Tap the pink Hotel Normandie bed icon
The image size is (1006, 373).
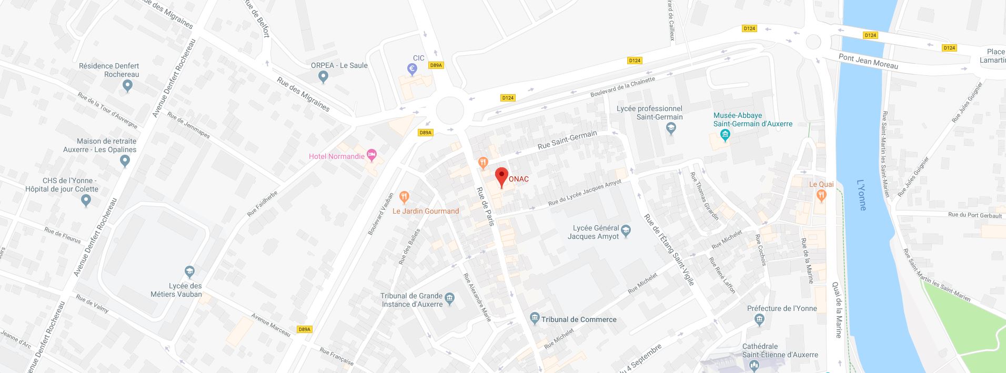click(x=372, y=155)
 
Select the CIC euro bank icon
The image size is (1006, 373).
click(x=413, y=68)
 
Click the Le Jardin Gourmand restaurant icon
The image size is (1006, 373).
click(x=404, y=197)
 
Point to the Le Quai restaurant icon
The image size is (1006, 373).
click(x=821, y=195)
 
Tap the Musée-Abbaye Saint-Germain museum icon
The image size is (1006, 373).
click(x=726, y=136)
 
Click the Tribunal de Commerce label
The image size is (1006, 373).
click(x=579, y=319)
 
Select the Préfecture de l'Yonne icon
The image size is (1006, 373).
click(x=759, y=319)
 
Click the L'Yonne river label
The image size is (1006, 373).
click(x=861, y=195)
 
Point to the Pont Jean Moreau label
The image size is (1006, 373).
click(x=868, y=62)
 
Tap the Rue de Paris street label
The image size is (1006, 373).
click(x=485, y=206)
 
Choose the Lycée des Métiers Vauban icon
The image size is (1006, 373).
click(x=189, y=271)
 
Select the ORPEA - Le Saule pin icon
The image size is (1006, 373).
click(x=324, y=77)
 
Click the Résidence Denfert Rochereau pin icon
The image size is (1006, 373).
click(x=127, y=87)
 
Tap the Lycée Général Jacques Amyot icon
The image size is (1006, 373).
click(x=626, y=230)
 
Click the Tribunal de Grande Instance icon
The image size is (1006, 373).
click(x=450, y=299)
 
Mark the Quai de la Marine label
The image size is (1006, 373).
click(x=836, y=310)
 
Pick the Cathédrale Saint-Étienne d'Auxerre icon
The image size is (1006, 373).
click(x=753, y=365)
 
